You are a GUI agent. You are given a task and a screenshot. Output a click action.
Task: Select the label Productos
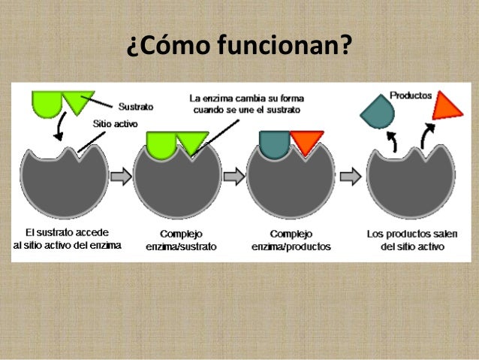[411, 95]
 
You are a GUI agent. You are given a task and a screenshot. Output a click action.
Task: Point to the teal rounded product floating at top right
[376, 111]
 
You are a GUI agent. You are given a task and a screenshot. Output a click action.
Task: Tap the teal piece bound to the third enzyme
[274, 143]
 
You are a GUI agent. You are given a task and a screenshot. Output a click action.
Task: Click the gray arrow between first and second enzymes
[120, 177]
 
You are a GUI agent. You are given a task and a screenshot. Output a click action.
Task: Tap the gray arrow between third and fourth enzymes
[349, 177]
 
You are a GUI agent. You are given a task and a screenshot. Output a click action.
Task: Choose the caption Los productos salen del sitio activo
[411, 240]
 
